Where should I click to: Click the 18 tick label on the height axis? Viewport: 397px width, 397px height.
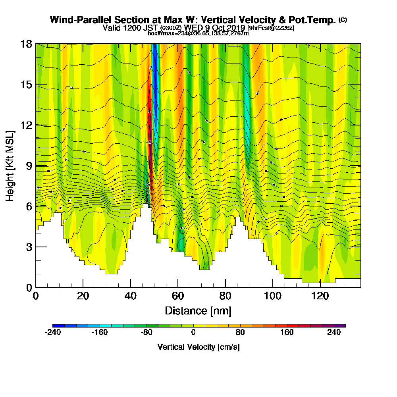27,44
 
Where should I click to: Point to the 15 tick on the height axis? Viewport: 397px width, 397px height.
27,85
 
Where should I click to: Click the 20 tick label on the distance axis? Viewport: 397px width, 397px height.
83,296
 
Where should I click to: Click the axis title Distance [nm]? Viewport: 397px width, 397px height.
198,310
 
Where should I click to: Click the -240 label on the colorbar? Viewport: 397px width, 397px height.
53,333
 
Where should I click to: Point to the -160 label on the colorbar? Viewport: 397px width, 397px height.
100,333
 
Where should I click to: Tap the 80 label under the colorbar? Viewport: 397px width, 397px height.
240,333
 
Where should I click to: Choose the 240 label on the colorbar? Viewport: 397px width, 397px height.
334,333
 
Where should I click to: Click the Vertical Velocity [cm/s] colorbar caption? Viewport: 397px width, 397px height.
198,347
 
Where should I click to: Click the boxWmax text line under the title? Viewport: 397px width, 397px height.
198,33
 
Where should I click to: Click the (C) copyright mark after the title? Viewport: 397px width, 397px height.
343,20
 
